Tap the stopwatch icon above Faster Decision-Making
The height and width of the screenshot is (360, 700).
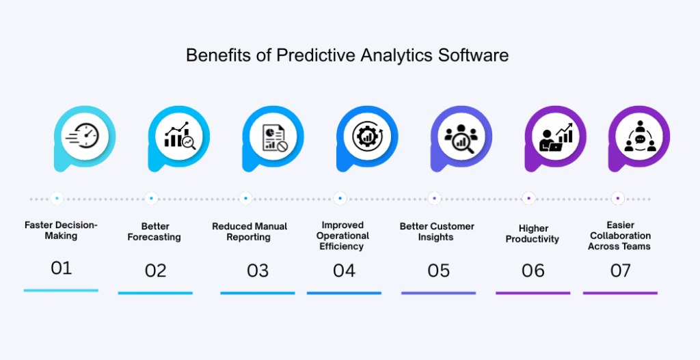(82, 135)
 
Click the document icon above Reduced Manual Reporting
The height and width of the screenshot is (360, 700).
(273, 136)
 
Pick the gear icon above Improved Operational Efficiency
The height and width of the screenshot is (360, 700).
(367, 136)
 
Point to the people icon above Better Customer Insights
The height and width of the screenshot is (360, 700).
(461, 136)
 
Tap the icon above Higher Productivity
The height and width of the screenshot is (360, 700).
(556, 136)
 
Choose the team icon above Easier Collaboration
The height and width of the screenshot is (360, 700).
(640, 136)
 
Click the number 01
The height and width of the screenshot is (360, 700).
(61, 268)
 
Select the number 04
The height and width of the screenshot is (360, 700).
(344, 271)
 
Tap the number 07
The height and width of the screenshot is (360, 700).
(620, 271)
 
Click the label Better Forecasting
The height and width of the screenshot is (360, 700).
(154, 232)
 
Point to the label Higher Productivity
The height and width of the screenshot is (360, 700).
(533, 234)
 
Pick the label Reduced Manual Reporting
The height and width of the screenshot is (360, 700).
(250, 232)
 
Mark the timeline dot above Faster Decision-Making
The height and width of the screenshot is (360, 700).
(57, 198)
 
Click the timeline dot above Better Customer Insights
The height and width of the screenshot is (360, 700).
(434, 198)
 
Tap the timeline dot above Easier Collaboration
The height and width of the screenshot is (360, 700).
(618, 198)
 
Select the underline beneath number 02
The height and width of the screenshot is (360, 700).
(155, 293)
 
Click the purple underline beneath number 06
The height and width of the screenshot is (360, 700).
(533, 293)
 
